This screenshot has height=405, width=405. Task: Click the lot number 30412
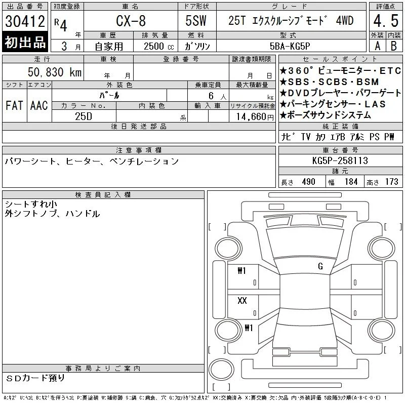(25, 21)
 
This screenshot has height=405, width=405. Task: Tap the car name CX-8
(131, 21)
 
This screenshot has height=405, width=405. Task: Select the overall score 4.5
(386, 21)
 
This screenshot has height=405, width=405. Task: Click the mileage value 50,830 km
(55, 72)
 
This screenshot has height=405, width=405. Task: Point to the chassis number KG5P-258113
(340, 160)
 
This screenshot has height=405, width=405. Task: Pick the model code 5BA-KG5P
(290, 46)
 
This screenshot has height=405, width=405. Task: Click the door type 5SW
(196, 21)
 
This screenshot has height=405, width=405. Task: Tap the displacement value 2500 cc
(158, 46)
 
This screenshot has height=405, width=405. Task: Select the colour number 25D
(84, 116)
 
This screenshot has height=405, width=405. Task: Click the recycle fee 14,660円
(255, 117)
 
